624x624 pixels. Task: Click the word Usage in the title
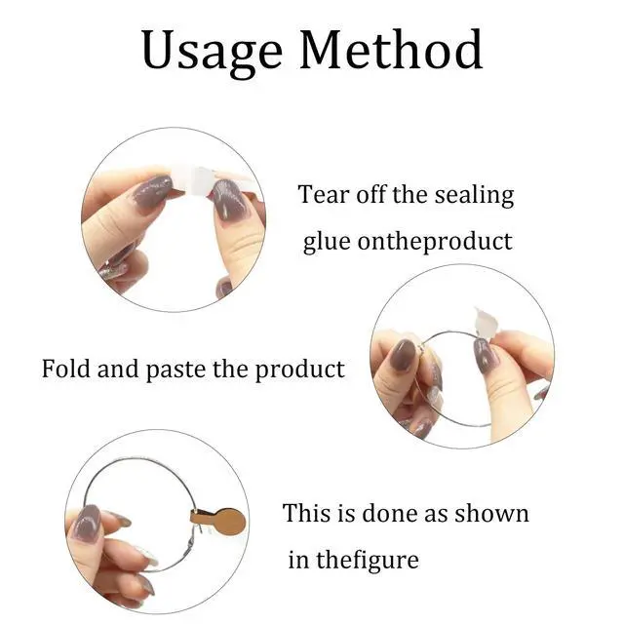213,52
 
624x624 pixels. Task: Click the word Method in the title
391,50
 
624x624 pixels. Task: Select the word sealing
474,196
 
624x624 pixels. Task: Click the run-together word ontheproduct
435,242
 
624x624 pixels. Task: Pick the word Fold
66,369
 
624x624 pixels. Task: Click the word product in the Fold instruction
299,370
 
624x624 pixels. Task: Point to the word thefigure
368,560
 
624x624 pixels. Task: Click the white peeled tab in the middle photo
486,322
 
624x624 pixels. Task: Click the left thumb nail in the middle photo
403,355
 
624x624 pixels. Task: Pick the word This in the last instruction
306,513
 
